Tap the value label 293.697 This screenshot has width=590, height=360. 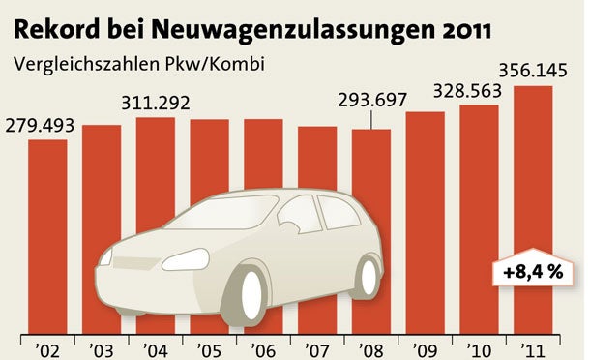371,100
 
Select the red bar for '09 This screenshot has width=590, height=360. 426,223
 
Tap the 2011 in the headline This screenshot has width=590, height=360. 458,26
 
